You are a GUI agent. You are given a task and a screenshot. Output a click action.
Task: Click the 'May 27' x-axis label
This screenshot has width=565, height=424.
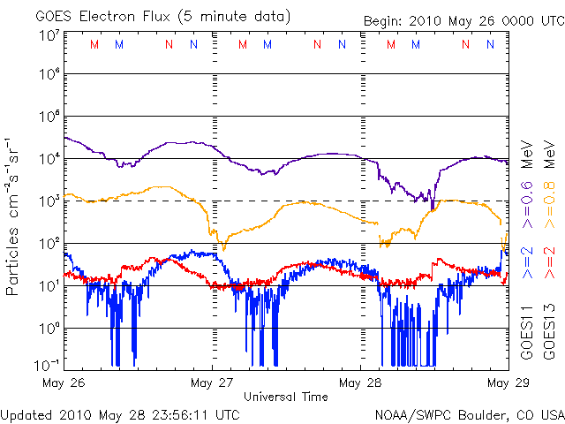[212, 382]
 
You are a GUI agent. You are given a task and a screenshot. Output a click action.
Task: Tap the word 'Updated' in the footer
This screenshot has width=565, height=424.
[29, 413]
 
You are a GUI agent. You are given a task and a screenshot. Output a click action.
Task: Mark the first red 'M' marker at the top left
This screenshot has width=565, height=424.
[94, 44]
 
